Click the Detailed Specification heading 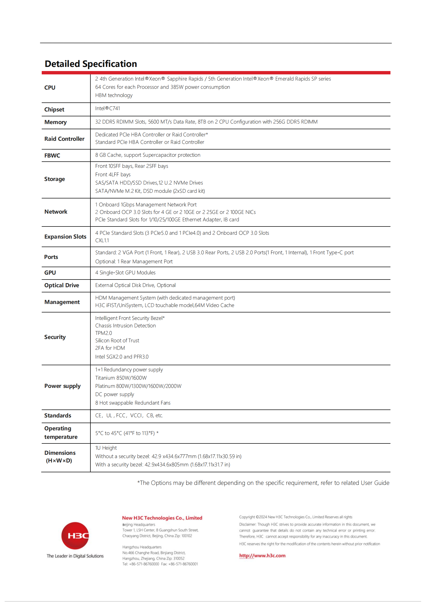tap(91, 64)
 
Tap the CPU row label tap(50, 88)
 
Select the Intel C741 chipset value tap(108, 108)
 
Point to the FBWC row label tap(52, 155)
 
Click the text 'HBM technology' tap(114, 95)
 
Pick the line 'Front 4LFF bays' tap(113, 174)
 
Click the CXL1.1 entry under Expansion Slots tap(102, 240)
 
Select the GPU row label tap(50, 273)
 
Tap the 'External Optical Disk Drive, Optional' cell tap(135, 285)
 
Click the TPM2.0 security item tap(104, 333)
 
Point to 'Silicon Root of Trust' tap(117, 340)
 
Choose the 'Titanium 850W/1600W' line tap(121, 378)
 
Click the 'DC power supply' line tap(115, 394)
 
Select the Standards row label tap(58, 416)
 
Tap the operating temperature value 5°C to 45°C tap(127, 433)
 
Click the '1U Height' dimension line tap(106, 448)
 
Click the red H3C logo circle tap(75, 535)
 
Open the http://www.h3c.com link tap(262, 556)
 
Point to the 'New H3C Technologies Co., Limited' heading tap(162, 518)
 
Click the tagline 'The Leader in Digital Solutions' tap(75, 556)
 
